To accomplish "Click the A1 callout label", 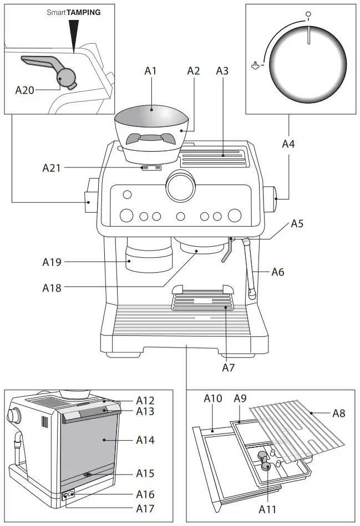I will [151, 70].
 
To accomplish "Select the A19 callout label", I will [52, 262].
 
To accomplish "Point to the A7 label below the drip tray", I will [229, 367].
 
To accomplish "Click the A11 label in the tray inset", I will [266, 509].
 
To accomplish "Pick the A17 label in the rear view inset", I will [145, 508].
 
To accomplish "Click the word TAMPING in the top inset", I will [84, 12].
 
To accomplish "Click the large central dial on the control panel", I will [181, 187].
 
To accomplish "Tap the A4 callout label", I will [288, 144].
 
